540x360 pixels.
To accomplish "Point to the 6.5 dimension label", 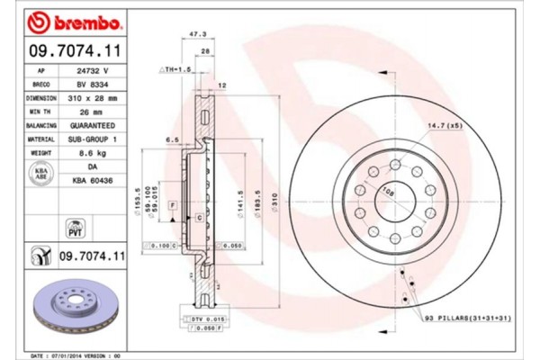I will (x=170, y=140).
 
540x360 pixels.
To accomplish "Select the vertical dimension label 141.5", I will (x=240, y=199).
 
